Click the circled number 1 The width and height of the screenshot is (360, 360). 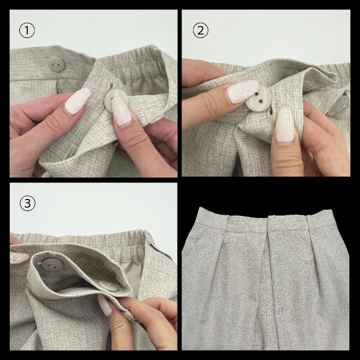point(27,31)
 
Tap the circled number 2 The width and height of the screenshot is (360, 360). point(200,31)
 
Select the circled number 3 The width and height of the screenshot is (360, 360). point(28,203)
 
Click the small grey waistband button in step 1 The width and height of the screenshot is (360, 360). point(56,64)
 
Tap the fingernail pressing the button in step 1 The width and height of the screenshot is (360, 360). point(121,110)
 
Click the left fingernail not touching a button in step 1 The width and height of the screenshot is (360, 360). point(78,101)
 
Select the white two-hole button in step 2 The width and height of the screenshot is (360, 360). point(258,98)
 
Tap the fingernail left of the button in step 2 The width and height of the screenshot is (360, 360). point(242,91)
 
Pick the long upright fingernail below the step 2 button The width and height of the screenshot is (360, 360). point(285,125)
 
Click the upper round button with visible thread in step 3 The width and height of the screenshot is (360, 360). point(52,265)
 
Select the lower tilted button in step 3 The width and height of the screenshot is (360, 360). point(108,286)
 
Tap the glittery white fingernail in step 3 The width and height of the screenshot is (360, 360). point(105,305)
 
